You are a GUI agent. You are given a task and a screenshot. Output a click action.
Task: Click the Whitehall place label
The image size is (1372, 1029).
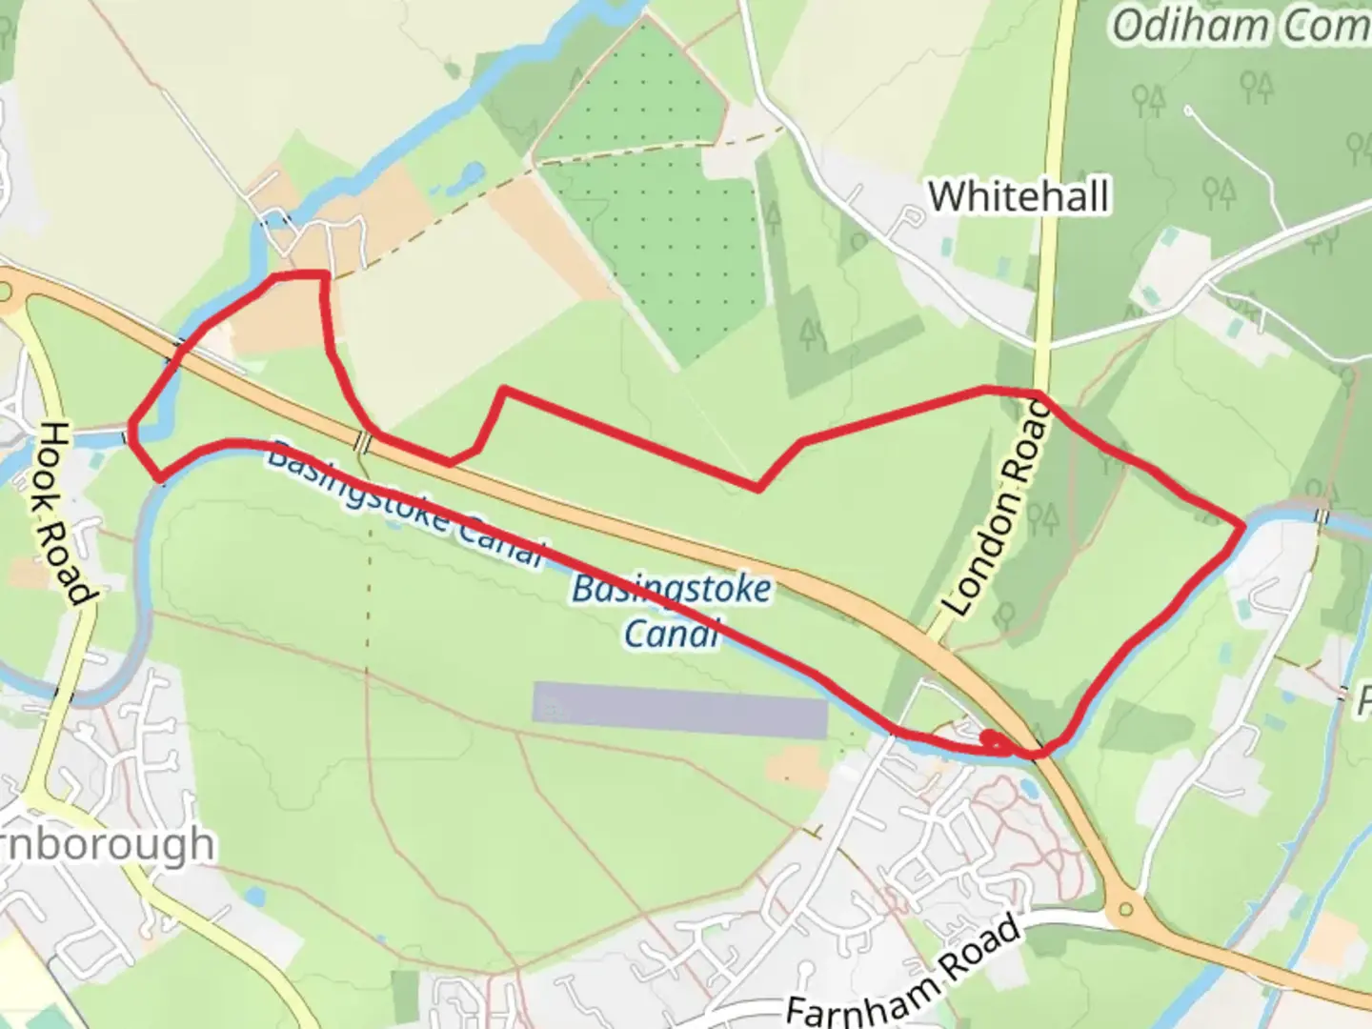pyautogui.click(x=1019, y=196)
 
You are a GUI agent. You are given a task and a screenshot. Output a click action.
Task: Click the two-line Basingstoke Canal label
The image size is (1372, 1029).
pyautogui.click(x=671, y=611)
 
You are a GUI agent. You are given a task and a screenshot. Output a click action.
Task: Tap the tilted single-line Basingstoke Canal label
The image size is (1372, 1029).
pyautogui.click(x=404, y=504)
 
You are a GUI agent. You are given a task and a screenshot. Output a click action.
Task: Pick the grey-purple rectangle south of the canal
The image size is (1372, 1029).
pyautogui.click(x=679, y=710)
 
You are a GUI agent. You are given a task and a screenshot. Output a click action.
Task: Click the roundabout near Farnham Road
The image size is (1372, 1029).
pyautogui.click(x=1130, y=909)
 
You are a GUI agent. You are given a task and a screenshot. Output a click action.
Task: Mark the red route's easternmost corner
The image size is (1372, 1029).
pyautogui.click(x=1242, y=525)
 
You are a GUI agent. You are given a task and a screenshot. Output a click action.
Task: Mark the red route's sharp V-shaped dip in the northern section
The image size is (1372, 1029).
pyautogui.click(x=757, y=489)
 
